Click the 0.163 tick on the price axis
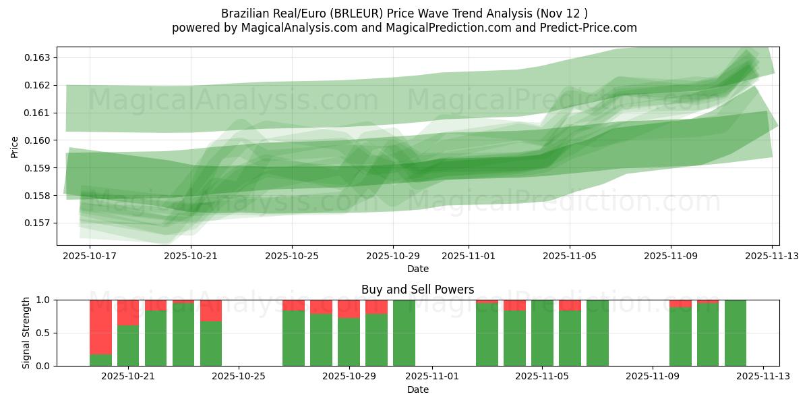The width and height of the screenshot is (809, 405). [x=38, y=57]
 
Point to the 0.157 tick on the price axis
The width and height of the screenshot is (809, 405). [x=38, y=223]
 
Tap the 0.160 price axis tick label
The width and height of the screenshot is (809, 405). [x=38, y=140]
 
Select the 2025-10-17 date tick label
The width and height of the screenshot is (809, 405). [x=90, y=256]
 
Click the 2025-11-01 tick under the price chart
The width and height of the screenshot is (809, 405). [x=469, y=256]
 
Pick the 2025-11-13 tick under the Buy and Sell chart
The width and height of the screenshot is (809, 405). [x=763, y=377]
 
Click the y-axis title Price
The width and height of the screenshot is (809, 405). [x=15, y=146]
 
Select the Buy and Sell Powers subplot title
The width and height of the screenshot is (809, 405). [x=417, y=290]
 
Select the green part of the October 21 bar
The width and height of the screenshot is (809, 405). [x=128, y=346]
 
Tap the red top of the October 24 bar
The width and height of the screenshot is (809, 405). [x=211, y=310]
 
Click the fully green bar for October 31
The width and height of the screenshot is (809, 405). [x=404, y=333]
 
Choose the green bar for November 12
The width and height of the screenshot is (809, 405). [x=736, y=333]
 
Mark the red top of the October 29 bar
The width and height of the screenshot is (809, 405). [x=349, y=308]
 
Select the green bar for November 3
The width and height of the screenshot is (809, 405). [x=487, y=335]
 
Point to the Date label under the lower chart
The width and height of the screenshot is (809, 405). [x=417, y=389]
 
